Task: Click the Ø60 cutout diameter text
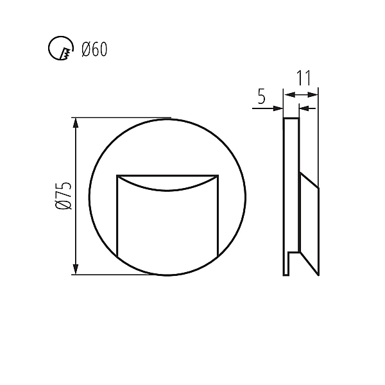[94, 49]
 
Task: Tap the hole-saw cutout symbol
[61, 48]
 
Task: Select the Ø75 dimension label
[64, 196]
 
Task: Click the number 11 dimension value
[304, 78]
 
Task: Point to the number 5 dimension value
[262, 96]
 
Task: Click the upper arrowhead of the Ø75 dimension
[76, 123]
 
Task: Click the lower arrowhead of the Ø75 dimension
[76, 269]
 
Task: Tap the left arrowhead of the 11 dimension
[289, 94]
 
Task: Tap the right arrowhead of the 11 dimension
[312, 94]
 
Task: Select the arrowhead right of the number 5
[278, 108]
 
